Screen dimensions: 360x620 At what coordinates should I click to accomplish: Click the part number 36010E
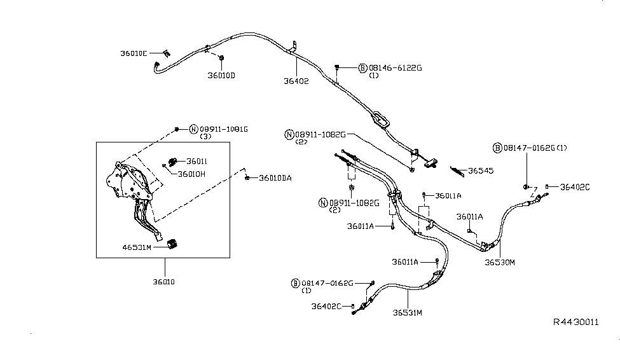pos(134,53)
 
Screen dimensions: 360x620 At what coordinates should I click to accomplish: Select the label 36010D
pos(221,76)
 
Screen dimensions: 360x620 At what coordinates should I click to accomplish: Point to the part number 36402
pos(296,81)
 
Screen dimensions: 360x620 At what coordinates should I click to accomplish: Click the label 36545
pos(481,170)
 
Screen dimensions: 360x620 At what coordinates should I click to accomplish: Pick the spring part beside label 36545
pos(457,169)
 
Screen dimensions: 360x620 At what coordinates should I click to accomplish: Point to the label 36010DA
pos(275,178)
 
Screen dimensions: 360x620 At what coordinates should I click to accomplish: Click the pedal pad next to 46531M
pos(170,244)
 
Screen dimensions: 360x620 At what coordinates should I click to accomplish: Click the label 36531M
pos(407,312)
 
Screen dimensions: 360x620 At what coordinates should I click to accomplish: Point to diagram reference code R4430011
pos(575,322)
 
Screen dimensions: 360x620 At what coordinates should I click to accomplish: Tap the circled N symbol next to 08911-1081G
pos(194,129)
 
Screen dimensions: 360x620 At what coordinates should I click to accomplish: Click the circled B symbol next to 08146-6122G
pos(362,67)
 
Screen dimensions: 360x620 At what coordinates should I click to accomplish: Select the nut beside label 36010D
pos(221,59)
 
